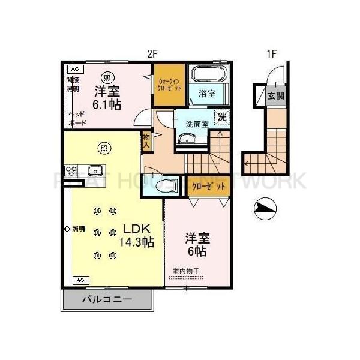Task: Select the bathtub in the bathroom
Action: (208, 74)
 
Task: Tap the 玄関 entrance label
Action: (276, 95)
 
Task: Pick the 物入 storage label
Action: (146, 141)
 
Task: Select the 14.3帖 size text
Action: (137, 242)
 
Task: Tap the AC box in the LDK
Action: (80, 280)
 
